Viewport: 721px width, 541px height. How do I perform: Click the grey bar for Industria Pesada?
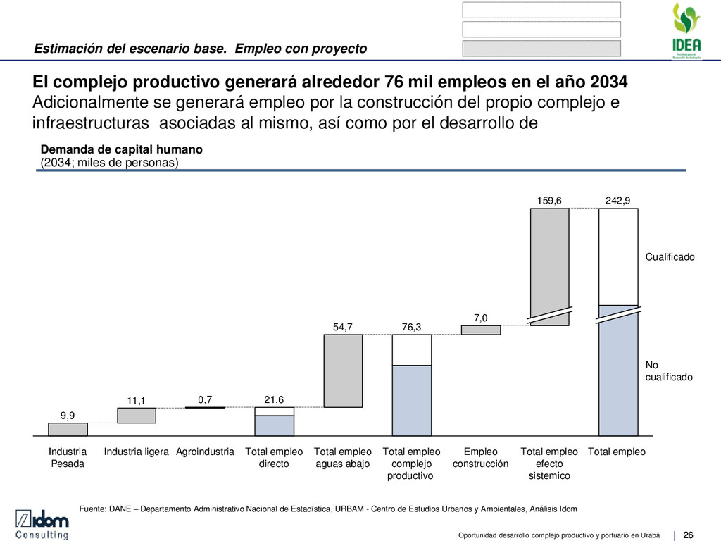[68, 429]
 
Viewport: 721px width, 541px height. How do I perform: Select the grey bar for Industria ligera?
[136, 416]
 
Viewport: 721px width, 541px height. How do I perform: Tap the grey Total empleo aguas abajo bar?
[342, 371]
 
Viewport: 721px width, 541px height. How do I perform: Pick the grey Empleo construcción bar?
[480, 330]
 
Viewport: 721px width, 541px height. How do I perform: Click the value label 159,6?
[549, 201]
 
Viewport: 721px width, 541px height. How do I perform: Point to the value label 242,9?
[617, 201]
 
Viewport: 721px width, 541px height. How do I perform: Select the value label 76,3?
[411, 326]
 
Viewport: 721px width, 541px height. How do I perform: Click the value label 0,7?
[205, 399]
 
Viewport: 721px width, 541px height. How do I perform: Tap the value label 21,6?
[273, 399]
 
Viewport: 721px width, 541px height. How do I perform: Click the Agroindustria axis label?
[205, 452]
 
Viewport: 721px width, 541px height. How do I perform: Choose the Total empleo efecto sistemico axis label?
[549, 464]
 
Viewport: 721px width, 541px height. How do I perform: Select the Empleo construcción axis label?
[480, 458]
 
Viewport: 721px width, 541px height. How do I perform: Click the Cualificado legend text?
[670, 257]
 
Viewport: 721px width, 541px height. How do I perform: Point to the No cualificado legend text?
[668, 371]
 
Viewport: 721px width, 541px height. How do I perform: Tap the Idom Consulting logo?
[43, 525]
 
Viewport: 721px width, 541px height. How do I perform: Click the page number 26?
[689, 531]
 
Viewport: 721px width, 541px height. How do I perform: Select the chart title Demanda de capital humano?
[122, 150]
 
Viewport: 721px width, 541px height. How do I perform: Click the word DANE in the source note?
[123, 508]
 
